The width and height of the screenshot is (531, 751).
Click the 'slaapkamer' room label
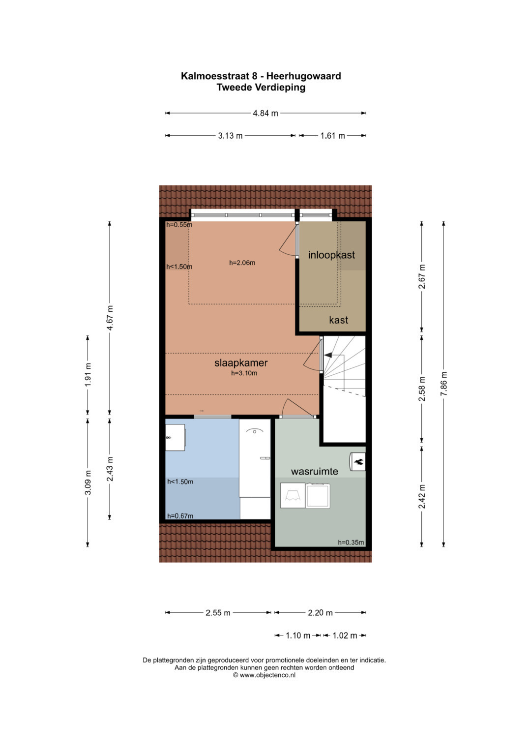coord(241,363)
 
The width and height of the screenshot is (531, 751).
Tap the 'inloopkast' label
coord(331,255)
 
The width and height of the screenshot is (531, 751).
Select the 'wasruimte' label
coord(315,471)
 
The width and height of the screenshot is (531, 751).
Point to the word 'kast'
coord(339,320)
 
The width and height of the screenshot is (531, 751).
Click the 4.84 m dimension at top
coord(265,113)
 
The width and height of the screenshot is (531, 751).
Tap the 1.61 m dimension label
coord(332,136)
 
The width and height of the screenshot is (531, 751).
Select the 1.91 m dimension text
coord(88,374)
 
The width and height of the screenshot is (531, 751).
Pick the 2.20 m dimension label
coord(320,612)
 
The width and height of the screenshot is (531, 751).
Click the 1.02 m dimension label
coord(345,635)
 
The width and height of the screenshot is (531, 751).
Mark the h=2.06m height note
coord(242,263)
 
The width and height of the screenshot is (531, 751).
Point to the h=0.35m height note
coord(351,542)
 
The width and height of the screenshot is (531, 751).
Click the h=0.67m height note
coord(180,516)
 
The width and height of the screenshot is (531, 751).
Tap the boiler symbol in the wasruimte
coord(357,462)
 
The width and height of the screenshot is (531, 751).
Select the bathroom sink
coord(176,438)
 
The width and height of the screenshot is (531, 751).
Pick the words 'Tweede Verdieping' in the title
coord(261,88)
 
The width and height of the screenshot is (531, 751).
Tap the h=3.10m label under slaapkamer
coord(244,373)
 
